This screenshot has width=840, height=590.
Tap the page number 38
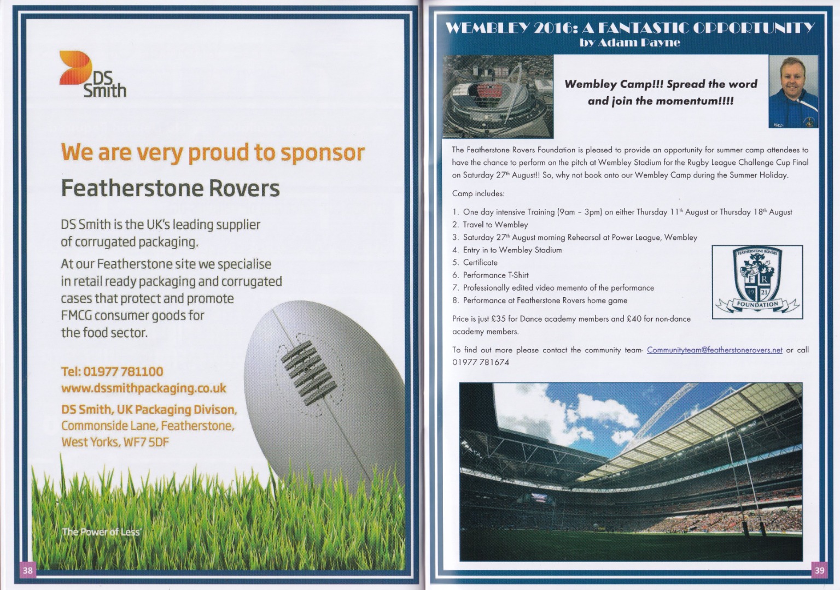click(27, 570)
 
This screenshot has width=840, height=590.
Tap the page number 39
click(820, 570)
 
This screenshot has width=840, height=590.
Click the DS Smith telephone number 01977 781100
click(123, 371)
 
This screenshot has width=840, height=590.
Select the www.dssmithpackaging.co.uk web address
click(144, 388)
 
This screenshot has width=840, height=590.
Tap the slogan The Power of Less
click(101, 532)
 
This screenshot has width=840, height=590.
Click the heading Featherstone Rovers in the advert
click(170, 188)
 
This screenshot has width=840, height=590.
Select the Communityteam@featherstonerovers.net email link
click(715, 350)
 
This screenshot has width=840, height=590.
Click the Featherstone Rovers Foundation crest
click(757, 282)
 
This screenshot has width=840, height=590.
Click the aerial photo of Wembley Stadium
click(498, 96)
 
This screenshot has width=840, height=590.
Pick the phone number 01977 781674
click(480, 363)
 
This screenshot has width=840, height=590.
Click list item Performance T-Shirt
click(496, 275)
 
